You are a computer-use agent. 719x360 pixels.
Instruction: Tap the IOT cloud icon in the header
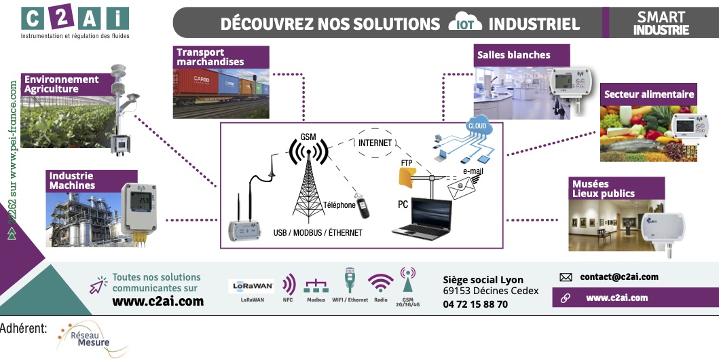464,23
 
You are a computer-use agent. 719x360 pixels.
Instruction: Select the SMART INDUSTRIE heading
661,23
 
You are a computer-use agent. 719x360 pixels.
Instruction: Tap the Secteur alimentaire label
648,94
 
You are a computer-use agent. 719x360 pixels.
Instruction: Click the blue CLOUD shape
477,126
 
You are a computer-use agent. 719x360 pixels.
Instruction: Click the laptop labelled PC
422,219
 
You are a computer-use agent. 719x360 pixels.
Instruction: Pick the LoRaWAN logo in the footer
251,286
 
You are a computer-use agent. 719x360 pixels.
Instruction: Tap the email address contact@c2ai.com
619,277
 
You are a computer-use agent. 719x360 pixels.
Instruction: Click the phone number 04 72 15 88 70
475,304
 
